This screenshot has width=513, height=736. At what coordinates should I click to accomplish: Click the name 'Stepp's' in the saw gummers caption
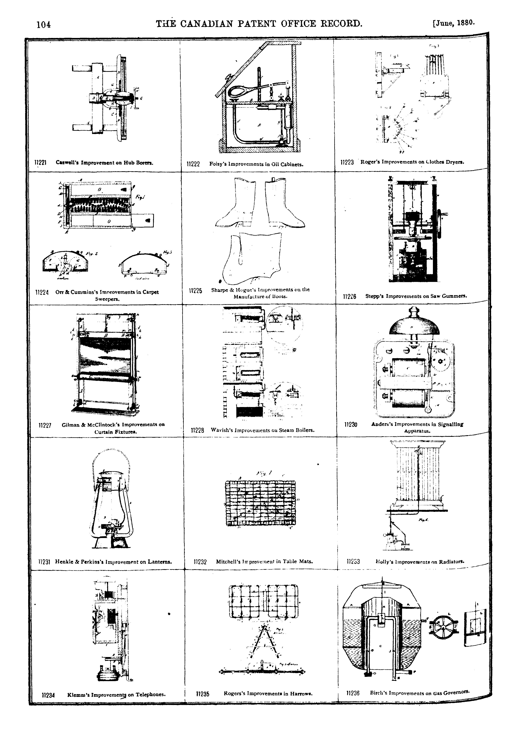tap(374, 296)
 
